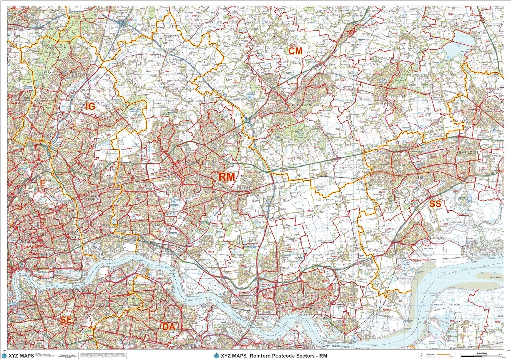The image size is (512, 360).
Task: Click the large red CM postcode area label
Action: pyautogui.click(x=296, y=51)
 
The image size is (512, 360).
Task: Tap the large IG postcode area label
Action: pyautogui.click(x=90, y=106)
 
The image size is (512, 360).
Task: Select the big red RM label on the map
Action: pyautogui.click(x=227, y=176)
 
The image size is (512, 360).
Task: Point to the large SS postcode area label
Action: pyautogui.click(x=435, y=204)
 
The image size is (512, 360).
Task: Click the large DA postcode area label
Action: pyautogui.click(x=169, y=327)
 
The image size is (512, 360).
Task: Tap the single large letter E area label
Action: pyautogui.click(x=42, y=184)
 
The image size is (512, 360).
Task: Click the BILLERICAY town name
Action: pyautogui.click(x=386, y=97)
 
